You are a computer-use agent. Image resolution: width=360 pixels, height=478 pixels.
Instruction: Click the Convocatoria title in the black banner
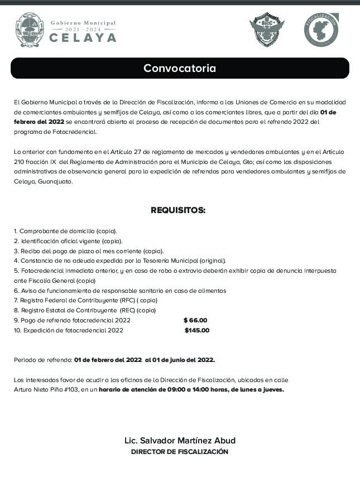click(179, 69)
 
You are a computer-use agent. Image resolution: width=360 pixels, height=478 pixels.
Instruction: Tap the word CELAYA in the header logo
click(83, 38)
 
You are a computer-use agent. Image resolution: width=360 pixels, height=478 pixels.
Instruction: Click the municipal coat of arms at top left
click(28, 30)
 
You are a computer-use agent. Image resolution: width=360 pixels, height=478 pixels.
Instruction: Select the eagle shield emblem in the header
click(266, 30)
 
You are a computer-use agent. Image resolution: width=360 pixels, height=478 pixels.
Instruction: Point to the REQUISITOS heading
click(178, 210)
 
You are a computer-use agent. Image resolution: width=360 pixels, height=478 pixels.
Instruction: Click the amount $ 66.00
click(195, 320)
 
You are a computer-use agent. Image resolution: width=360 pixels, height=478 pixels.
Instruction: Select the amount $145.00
click(196, 330)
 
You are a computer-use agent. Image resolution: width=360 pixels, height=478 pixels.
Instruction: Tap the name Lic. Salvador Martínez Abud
click(180, 440)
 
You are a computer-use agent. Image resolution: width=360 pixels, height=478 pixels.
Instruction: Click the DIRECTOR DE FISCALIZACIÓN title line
click(179, 452)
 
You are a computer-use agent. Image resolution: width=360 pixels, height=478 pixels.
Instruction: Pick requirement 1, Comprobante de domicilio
click(65, 231)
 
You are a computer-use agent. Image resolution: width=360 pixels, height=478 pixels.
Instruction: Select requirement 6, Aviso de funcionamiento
click(120, 291)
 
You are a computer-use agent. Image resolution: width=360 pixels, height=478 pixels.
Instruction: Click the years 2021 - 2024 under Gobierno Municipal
click(83, 28)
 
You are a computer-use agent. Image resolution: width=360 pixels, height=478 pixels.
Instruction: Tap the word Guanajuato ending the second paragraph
click(55, 181)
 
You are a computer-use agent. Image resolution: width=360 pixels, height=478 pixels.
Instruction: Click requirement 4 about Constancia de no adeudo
click(120, 260)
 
